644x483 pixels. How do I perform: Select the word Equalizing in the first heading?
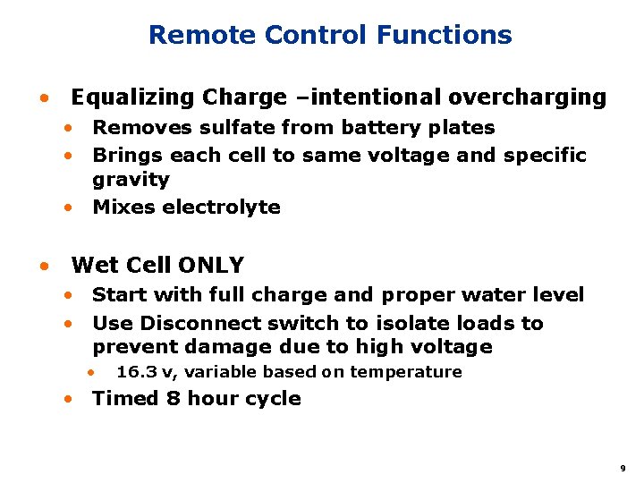133,97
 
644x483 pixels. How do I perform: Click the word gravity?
131,180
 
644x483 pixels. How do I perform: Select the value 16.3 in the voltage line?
135,372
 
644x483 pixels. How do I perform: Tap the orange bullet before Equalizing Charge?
42,97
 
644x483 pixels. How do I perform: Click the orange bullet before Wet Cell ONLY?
42,267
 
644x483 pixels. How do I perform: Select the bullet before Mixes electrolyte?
68,208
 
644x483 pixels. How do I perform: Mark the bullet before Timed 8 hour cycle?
68,399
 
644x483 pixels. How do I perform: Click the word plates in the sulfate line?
462,128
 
